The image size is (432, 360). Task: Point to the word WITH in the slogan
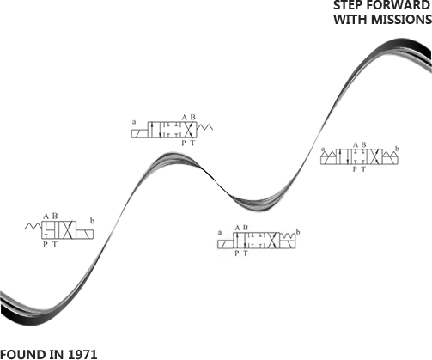tap(350, 20)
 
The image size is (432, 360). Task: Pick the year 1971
tap(82, 354)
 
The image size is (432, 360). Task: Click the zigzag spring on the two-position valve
tap(33, 226)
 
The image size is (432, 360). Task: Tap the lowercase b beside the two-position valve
tap(92, 221)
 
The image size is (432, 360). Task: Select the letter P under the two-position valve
tap(46, 245)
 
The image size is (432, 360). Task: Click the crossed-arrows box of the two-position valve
tap(68, 230)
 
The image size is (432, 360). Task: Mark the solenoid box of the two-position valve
tap(85, 235)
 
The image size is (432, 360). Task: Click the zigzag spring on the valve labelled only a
tap(205, 127)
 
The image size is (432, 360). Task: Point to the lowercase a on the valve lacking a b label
tap(134, 122)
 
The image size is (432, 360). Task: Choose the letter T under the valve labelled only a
tap(192, 143)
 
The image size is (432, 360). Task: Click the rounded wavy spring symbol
tap(288, 236)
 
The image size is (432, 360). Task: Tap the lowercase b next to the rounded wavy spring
tap(298, 232)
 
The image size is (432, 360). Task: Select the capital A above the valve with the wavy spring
tap(237, 228)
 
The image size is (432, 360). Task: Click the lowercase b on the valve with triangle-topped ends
tap(397, 149)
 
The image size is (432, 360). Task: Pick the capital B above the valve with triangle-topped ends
tap(363, 144)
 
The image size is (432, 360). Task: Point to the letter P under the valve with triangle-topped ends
tap(355, 169)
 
